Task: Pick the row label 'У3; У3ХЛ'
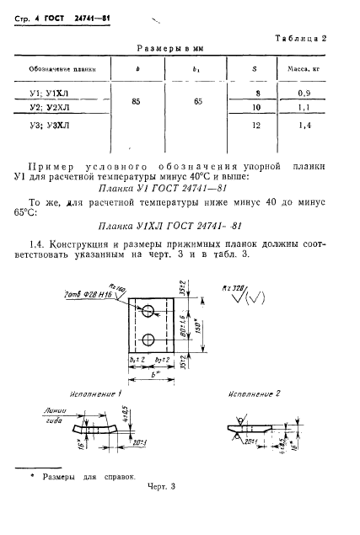pos(50,124)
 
